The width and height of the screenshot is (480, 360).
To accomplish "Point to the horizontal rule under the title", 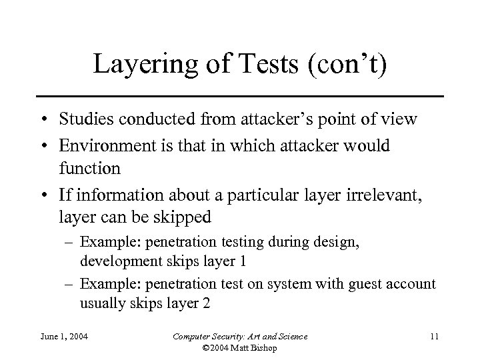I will pyautogui.click(x=239, y=97).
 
